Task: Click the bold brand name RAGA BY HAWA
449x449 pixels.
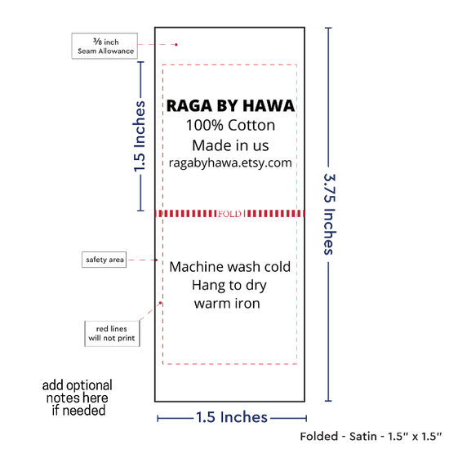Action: point(230,105)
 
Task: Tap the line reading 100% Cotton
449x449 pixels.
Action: point(230,125)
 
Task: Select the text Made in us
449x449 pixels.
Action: point(230,145)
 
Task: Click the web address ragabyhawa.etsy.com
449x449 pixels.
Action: point(230,163)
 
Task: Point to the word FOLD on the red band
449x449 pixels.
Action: point(229,214)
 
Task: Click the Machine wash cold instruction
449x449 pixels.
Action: point(230,267)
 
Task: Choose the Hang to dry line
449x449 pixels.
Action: point(229,286)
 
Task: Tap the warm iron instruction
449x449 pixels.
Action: point(227,304)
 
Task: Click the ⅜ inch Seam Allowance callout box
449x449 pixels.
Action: point(104,46)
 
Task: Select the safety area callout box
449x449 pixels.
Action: point(104,260)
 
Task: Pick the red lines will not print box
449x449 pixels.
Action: point(112,334)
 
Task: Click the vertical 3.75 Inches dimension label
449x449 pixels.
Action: point(330,214)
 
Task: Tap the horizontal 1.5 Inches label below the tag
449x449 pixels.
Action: point(232,417)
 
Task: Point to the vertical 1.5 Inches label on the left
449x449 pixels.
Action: point(140,136)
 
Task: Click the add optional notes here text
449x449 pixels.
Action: point(78,398)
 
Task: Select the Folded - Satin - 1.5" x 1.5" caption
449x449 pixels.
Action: point(371,437)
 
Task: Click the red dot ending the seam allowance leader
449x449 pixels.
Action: point(176,45)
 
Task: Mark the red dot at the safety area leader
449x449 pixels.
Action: point(157,260)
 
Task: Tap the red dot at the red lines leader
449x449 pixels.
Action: point(160,303)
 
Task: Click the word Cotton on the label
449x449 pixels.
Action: point(251,125)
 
